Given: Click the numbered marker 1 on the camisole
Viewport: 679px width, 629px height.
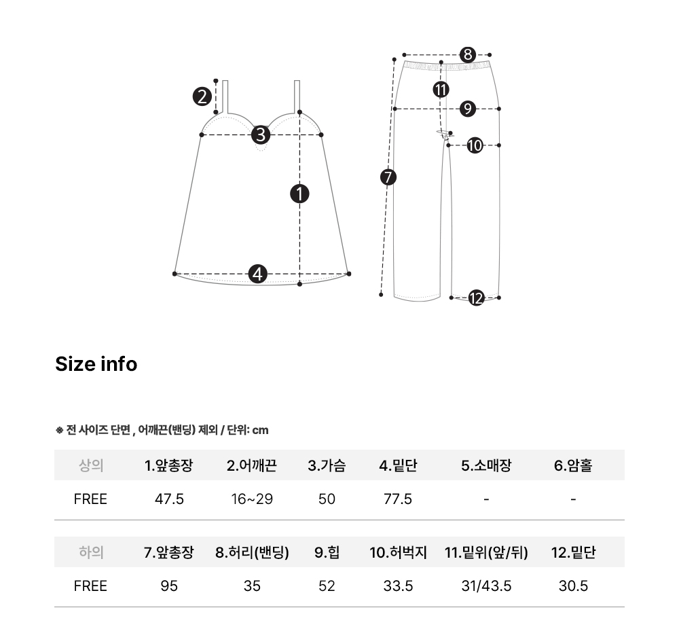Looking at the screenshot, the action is pyautogui.click(x=299, y=194).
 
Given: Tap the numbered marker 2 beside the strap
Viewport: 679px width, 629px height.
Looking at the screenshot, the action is pyautogui.click(x=202, y=96).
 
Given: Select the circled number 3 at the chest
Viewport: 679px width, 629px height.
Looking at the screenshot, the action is pyautogui.click(x=261, y=134).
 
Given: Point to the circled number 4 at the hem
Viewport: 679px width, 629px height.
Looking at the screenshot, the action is pyautogui.click(x=257, y=274).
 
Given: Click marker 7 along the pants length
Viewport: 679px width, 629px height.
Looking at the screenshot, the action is pyautogui.click(x=388, y=177).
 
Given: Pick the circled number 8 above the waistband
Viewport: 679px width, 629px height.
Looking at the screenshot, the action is pyautogui.click(x=468, y=54).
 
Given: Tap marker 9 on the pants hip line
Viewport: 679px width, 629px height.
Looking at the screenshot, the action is pyautogui.click(x=468, y=109).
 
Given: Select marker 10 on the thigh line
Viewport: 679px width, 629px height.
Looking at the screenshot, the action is pyautogui.click(x=475, y=145).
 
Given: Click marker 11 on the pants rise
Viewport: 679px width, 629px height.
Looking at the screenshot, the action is pyautogui.click(x=441, y=90).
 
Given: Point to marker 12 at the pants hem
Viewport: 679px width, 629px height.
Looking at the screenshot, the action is pyautogui.click(x=477, y=298).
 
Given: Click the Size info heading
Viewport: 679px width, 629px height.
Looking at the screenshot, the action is pyautogui.click(x=96, y=364).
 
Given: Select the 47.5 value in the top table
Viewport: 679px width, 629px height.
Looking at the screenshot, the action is pyautogui.click(x=169, y=499).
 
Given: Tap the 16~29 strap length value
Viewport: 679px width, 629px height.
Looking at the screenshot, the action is pyautogui.click(x=252, y=499).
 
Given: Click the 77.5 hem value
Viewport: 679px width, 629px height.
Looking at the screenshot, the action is pyautogui.click(x=398, y=499).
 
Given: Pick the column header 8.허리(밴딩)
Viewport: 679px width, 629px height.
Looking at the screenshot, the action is pyautogui.click(x=252, y=552).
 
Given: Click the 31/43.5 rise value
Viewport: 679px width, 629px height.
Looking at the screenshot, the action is pyautogui.click(x=486, y=586).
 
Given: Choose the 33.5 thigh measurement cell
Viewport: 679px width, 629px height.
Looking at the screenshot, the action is pyautogui.click(x=398, y=586).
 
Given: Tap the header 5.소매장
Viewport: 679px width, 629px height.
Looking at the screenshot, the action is pyautogui.click(x=486, y=465).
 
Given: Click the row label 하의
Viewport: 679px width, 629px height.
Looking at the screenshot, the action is pyautogui.click(x=91, y=552).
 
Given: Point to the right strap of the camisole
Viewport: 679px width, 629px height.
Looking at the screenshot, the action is pyautogui.click(x=297, y=96).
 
